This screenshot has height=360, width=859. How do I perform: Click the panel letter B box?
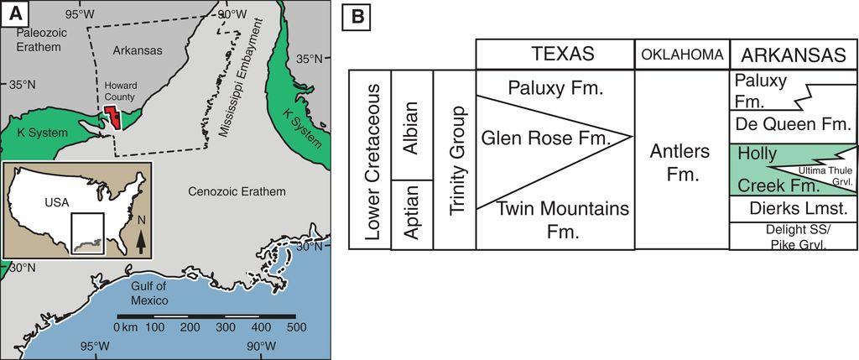(x=357, y=18)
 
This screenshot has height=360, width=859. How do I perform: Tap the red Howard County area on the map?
(x=113, y=117)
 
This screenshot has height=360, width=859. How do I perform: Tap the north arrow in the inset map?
(x=140, y=242)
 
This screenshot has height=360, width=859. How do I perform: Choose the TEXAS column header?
(x=555, y=54)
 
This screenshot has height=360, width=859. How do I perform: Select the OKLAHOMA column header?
(x=682, y=54)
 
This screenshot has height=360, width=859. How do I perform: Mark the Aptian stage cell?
(x=412, y=215)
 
